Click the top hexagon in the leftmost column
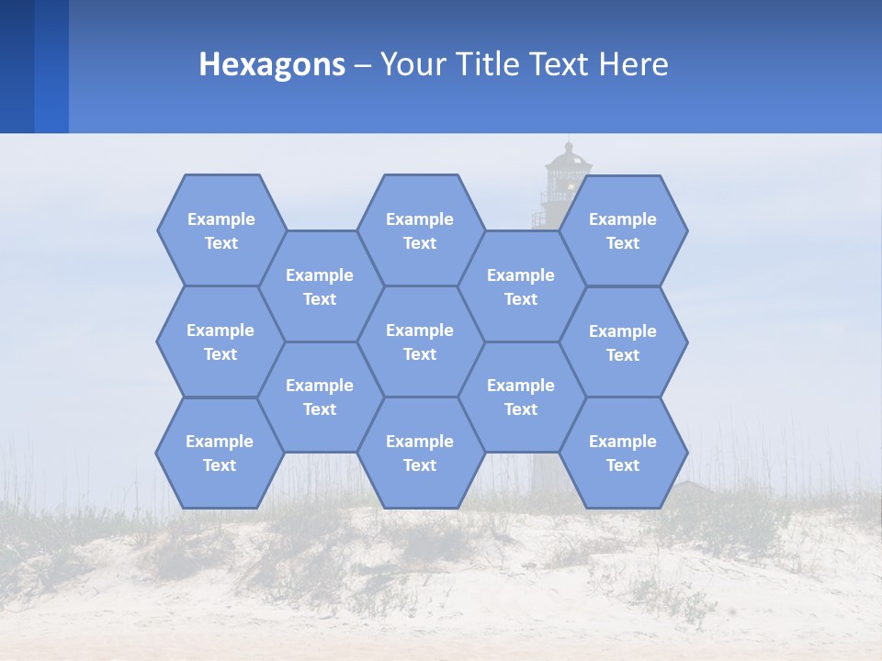[220, 230]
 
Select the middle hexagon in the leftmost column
[220, 342]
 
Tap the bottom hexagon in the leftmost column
[220, 453]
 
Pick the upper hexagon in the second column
[320, 286]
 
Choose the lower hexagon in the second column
[320, 397]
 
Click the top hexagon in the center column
[420, 230]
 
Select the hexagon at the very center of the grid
[420, 342]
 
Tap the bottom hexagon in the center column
[420, 453]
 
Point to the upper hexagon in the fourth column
[521, 286]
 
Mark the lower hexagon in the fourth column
[521, 397]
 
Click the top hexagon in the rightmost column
[623, 230]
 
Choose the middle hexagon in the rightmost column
[623, 342]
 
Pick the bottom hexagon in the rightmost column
[623, 453]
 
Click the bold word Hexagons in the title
[272, 64]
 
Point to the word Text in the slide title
[560, 64]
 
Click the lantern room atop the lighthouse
[568, 174]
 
